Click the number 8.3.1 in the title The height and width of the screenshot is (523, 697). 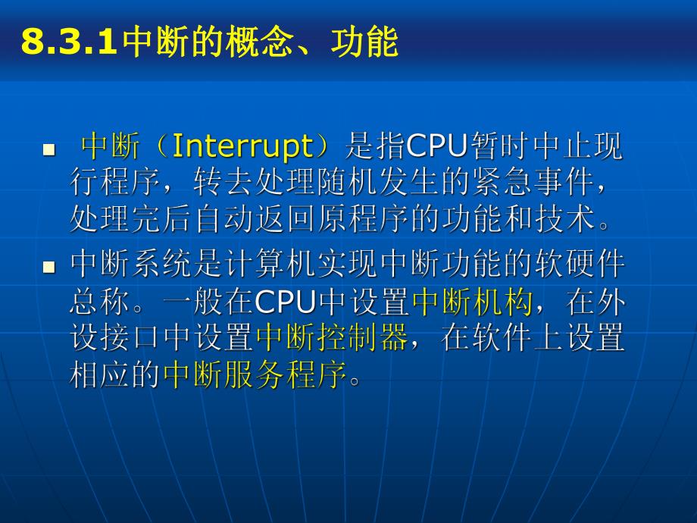pos(69,42)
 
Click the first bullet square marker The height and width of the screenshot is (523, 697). pos(49,149)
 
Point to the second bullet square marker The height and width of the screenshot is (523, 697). pos(49,267)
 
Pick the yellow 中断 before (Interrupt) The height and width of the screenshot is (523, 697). pos(111,146)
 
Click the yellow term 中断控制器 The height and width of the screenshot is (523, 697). pos(332,338)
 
